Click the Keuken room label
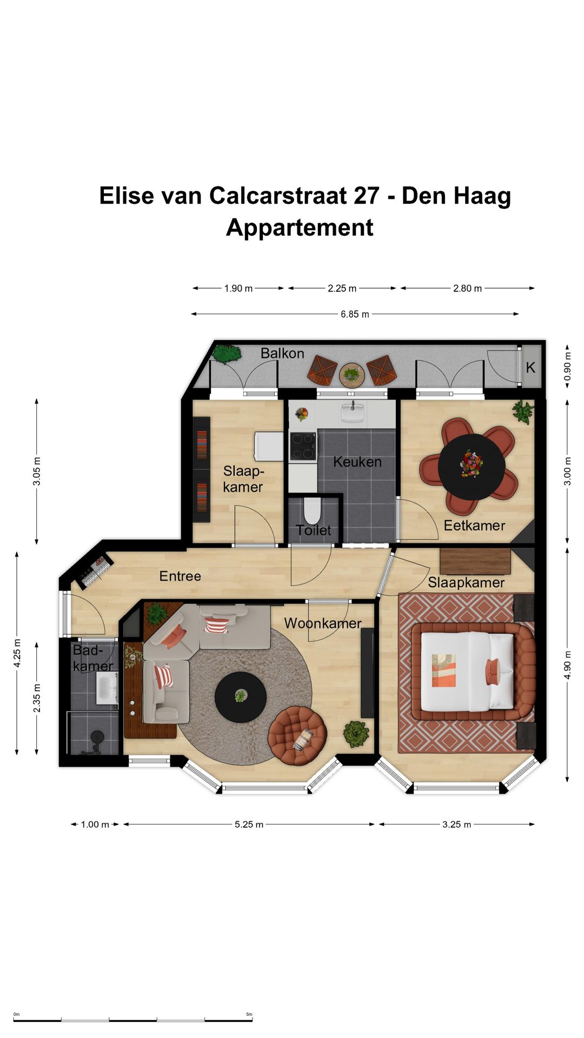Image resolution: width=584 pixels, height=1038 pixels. [x=357, y=462]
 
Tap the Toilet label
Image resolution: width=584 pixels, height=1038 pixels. [x=314, y=530]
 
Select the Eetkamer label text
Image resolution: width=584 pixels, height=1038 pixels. [x=474, y=525]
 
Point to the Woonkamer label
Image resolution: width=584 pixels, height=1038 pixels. [x=323, y=623]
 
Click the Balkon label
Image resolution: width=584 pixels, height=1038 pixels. [x=282, y=353]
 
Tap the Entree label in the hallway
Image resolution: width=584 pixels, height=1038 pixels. [x=180, y=576]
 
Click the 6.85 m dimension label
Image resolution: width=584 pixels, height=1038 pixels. [x=355, y=314]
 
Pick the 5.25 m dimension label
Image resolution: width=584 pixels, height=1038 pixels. [x=249, y=824]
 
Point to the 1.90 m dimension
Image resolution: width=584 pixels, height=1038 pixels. [x=238, y=288]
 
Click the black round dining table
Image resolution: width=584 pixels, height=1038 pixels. [x=472, y=467]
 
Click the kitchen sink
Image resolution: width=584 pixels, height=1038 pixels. [x=353, y=413]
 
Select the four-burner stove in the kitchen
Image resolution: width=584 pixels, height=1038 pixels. [x=303, y=447]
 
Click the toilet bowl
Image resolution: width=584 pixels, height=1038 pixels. [x=312, y=510]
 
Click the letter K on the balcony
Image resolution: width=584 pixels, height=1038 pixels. [x=530, y=368]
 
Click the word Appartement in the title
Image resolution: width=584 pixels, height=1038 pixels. [x=300, y=228]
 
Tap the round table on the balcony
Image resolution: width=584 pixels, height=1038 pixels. [x=352, y=374]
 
